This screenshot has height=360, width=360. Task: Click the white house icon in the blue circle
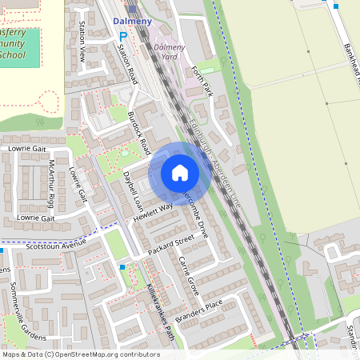coord(180,173)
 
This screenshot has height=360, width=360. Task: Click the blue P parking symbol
coord(122,36)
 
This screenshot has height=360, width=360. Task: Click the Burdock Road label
coord(139,132)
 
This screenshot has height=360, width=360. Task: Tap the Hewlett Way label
coord(154,211)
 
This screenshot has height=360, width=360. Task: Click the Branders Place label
coord(202,310)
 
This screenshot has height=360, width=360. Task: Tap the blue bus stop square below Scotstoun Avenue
coord(122,267)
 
